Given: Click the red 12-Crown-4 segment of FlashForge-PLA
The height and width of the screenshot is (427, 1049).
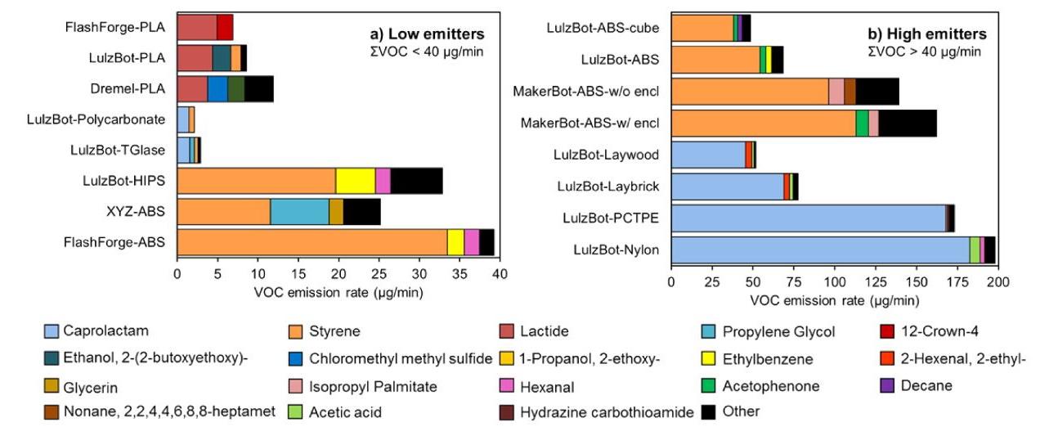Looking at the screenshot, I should (225, 27).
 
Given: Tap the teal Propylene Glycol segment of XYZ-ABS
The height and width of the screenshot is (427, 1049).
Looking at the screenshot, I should (299, 212).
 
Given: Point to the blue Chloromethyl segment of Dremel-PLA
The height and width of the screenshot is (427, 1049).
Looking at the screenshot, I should (217, 88).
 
